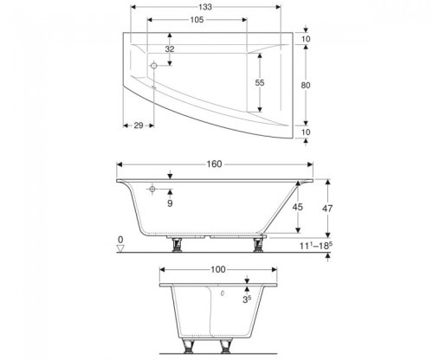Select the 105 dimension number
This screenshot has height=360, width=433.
pos(197,20)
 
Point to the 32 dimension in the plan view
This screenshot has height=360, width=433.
pos(170,49)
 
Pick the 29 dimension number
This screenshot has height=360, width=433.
pos(138,127)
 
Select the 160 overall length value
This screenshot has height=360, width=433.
pos(214,164)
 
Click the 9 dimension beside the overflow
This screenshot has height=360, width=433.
pos(170,204)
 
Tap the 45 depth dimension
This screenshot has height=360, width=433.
pos(298,208)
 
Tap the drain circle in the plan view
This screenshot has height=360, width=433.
pos(152,66)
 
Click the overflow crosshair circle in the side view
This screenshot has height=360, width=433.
pos(152,189)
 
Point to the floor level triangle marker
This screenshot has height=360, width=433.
pos(121,247)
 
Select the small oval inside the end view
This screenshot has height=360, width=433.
pos(223,294)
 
